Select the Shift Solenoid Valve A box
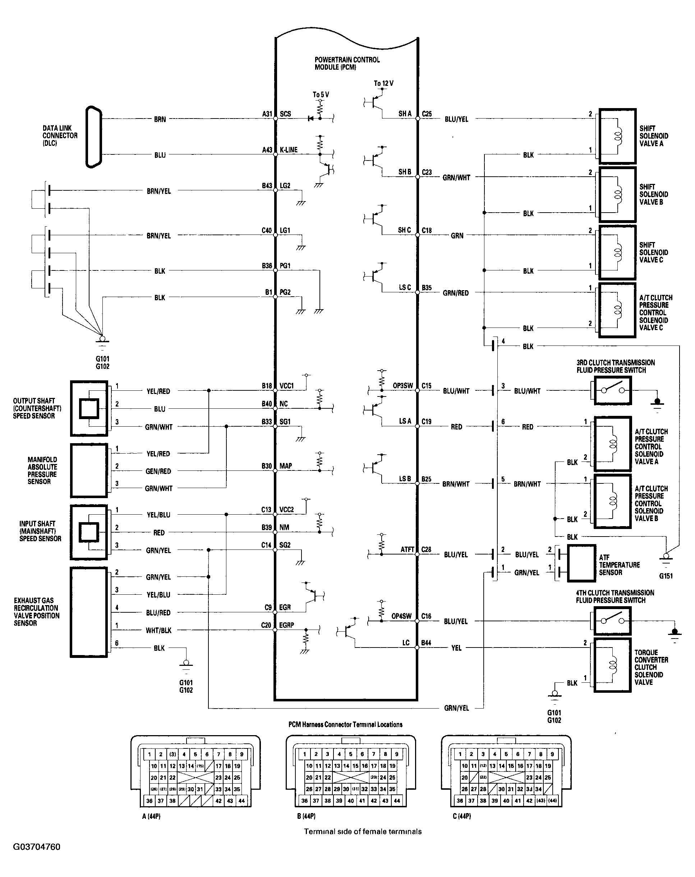[x=617, y=136]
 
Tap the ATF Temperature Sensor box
[x=581, y=563]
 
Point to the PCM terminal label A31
[x=267, y=114]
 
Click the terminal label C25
[x=427, y=114]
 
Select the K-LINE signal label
[x=289, y=150]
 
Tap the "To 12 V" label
[x=384, y=83]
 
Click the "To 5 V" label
[x=321, y=95]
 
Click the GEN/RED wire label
[x=158, y=471]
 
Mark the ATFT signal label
[x=407, y=550]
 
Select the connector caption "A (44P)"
[x=151, y=816]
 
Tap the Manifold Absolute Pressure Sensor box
[x=89, y=470]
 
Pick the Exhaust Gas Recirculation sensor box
[x=89, y=612]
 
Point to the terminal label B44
[x=426, y=643]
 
